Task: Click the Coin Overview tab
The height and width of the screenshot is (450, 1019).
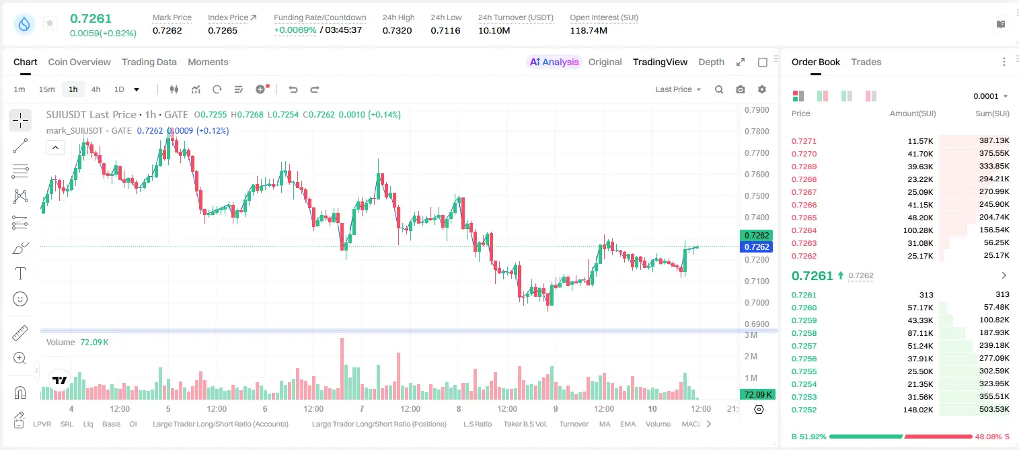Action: (x=79, y=62)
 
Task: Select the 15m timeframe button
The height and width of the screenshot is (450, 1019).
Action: (x=47, y=89)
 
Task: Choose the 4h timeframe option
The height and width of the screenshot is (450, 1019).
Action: (x=96, y=89)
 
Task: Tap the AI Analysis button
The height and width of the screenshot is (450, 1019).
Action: (x=554, y=62)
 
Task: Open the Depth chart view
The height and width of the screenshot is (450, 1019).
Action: (x=711, y=62)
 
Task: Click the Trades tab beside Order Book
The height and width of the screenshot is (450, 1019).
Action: (x=866, y=62)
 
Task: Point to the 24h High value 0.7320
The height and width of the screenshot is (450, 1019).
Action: (x=397, y=30)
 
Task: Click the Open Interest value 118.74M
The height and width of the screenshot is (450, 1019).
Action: (x=589, y=30)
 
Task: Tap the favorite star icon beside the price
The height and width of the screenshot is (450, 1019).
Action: (x=50, y=23)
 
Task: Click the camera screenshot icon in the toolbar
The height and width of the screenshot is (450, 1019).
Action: (x=741, y=89)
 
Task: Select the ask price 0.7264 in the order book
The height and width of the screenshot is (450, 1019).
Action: (x=804, y=230)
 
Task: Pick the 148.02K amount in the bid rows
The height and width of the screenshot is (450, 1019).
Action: (x=917, y=410)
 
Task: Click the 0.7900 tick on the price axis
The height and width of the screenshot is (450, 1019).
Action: (x=757, y=110)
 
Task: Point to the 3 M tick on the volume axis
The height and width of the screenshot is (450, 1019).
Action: (x=751, y=335)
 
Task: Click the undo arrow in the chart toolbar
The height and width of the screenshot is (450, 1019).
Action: (x=293, y=89)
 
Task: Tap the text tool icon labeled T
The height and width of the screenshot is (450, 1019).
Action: (x=20, y=273)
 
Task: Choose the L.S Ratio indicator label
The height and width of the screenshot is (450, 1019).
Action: (x=477, y=424)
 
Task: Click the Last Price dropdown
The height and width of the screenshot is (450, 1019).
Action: (x=678, y=89)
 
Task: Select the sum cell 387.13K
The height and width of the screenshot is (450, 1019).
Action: (x=994, y=141)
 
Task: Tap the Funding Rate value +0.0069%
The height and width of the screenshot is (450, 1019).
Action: (x=295, y=30)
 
